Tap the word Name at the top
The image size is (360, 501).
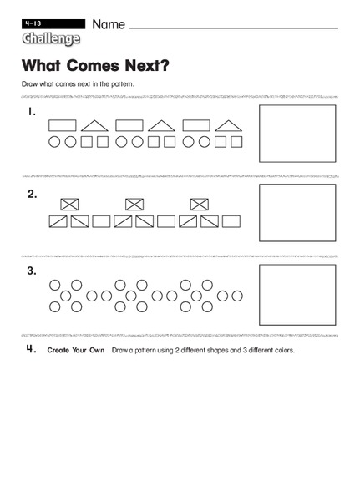(109, 25)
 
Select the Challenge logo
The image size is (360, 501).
(51, 39)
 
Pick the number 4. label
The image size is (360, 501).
(31, 349)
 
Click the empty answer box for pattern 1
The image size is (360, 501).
(297, 133)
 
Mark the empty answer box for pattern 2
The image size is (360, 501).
(297, 211)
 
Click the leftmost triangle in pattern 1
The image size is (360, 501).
(95, 126)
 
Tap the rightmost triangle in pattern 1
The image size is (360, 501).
(228, 126)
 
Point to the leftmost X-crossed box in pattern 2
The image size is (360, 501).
(70, 204)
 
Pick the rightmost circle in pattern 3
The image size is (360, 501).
(239, 296)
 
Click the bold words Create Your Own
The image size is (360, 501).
(76, 350)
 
